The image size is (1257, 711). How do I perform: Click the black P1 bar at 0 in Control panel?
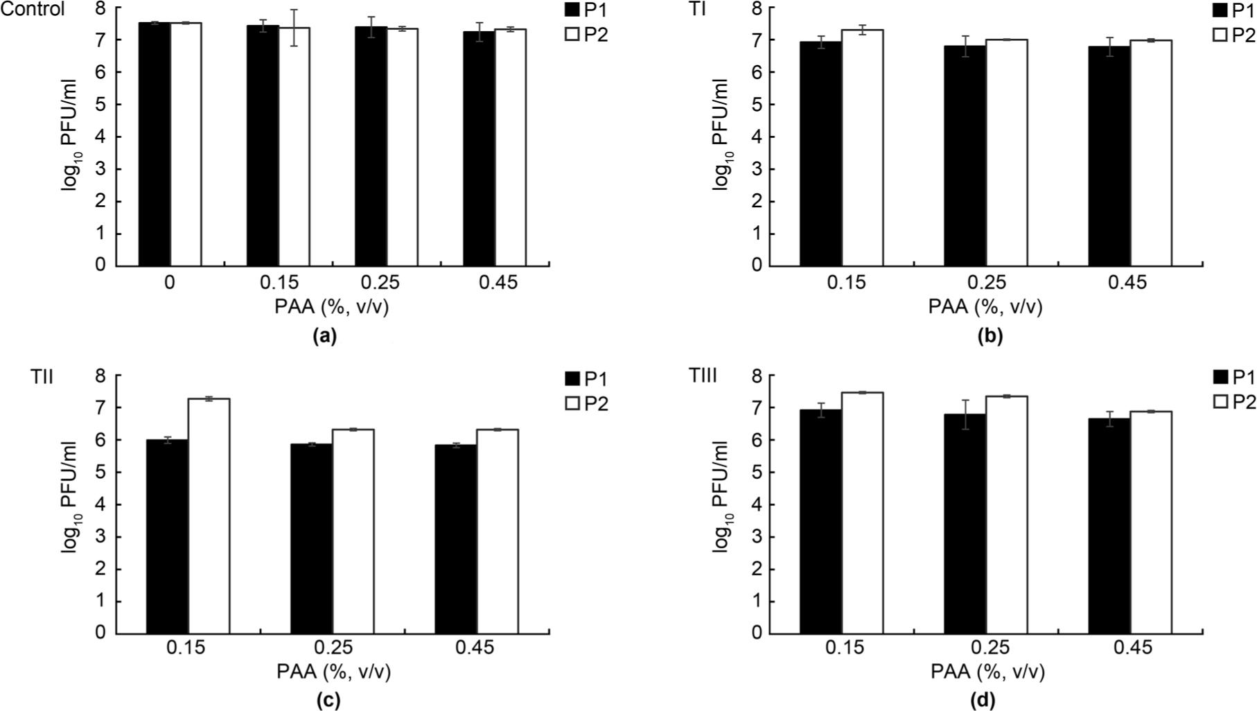(x=155, y=146)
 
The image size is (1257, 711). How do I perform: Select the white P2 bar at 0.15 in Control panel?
(x=294, y=149)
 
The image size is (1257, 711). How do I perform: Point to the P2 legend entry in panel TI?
(x=1236, y=35)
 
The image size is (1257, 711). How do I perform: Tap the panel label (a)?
(x=324, y=337)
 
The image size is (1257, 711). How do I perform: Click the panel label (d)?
(x=985, y=700)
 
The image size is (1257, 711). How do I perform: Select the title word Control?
(x=33, y=10)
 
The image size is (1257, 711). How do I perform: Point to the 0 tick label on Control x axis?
(x=170, y=283)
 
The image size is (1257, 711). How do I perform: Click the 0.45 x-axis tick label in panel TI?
(x=1127, y=283)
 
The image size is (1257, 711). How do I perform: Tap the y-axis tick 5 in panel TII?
(x=102, y=473)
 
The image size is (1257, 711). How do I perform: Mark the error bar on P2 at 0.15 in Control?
(x=294, y=28)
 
